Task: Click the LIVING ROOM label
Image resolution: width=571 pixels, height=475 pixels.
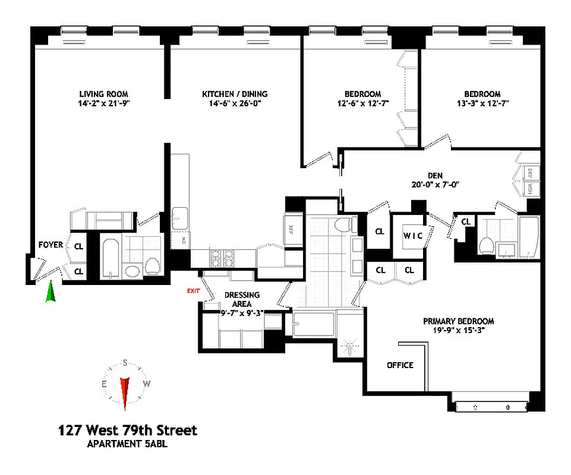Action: [x=104, y=94]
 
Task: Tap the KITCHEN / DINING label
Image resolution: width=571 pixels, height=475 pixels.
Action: [x=235, y=94]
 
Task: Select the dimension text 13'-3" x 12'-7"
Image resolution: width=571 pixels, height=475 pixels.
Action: [x=482, y=103]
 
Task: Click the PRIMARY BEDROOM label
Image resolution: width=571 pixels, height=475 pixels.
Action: [x=458, y=321]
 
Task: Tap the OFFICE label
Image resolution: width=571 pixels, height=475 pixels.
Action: [x=400, y=365]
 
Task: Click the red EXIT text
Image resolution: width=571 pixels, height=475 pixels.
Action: [x=194, y=291]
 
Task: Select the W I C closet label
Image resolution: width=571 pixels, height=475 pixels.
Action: [x=414, y=235]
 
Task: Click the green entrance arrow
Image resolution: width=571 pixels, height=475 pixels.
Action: [x=51, y=292]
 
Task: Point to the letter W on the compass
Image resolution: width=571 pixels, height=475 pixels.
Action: [x=147, y=384]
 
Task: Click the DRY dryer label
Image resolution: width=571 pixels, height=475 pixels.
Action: [x=529, y=173]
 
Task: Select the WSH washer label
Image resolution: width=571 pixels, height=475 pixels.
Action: [x=529, y=188]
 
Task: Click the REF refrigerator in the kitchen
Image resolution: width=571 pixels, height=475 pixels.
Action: [x=292, y=229]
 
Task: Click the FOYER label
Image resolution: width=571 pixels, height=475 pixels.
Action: [x=51, y=245]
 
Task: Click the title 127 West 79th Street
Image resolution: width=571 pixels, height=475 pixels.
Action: [x=127, y=430]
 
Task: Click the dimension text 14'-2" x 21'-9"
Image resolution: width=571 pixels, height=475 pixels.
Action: [x=104, y=103]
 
